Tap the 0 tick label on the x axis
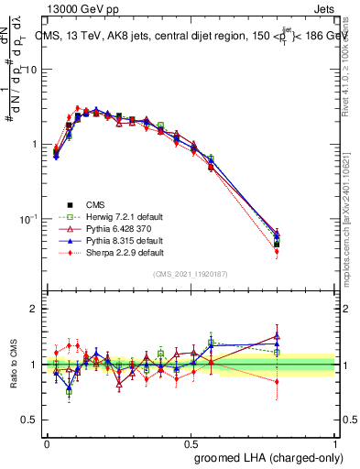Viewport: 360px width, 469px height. click(x=47, y=442)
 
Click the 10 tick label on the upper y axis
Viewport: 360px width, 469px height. click(x=31, y=70)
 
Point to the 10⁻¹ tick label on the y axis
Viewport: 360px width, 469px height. click(x=29, y=220)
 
